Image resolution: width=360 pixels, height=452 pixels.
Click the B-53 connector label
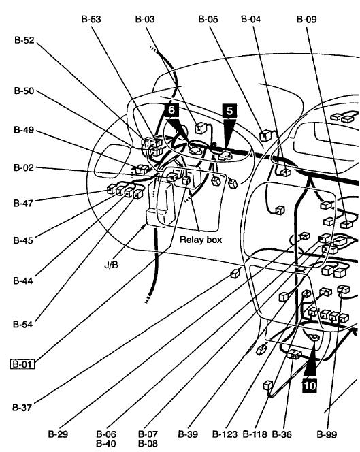click(91, 19)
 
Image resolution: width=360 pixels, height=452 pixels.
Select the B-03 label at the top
click(145, 19)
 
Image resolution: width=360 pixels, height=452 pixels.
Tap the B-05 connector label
click(208, 19)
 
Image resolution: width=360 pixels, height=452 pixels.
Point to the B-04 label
click(250, 19)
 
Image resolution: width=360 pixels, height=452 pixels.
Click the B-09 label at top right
click(307, 19)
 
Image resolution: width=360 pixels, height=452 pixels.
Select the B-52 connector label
click(24, 40)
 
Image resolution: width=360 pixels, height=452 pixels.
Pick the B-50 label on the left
click(24, 91)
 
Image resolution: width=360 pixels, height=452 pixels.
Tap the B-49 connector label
click(24, 130)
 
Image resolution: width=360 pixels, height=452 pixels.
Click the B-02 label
click(24, 167)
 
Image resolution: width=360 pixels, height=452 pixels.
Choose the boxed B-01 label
click(22, 364)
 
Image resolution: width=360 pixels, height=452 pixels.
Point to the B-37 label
click(22, 408)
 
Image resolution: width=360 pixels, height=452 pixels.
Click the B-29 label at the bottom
click(58, 434)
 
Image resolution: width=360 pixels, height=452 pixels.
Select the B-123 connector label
click(225, 434)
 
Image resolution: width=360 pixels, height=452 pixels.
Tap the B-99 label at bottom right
click(327, 434)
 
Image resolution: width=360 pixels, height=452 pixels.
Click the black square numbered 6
click(171, 110)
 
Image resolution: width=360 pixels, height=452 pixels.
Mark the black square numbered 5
click(229, 111)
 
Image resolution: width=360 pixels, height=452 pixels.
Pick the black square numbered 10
click(309, 385)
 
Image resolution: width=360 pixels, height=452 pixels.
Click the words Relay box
click(201, 240)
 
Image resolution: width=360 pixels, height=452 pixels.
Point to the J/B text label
click(111, 265)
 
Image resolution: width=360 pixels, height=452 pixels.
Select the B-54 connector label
click(23, 324)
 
